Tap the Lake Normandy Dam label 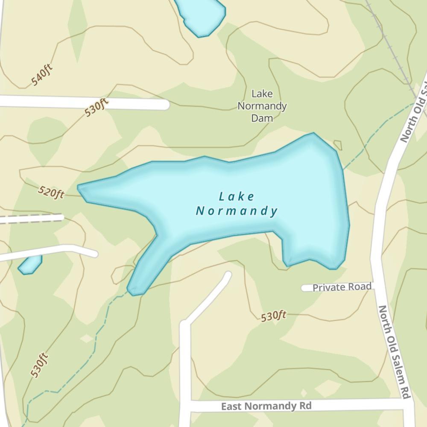(x=262, y=105)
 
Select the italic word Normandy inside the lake (x=237, y=211)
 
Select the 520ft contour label (x=51, y=193)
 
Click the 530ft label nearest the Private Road (x=273, y=316)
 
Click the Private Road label (x=342, y=287)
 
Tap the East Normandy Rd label (x=266, y=406)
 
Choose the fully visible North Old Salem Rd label (x=394, y=352)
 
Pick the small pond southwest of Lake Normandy (x=30, y=265)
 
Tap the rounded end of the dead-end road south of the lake (x=227, y=275)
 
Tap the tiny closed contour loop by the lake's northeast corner (x=338, y=145)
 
